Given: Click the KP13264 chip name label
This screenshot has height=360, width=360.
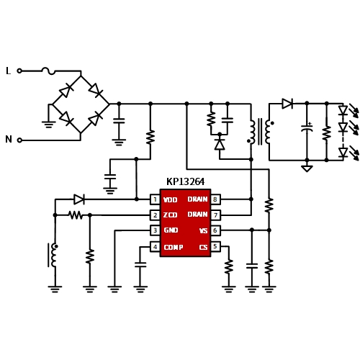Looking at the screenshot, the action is point(185,181).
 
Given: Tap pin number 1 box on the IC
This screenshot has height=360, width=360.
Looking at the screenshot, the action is point(155,199).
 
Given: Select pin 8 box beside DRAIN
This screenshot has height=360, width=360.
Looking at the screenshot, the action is point(215,199).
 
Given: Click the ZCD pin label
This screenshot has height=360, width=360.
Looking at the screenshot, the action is point(170,215).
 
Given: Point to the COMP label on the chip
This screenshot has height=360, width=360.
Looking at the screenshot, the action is point(174,247).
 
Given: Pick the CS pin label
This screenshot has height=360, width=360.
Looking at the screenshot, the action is point(203,247).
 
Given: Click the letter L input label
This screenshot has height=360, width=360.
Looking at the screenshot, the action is point(9,71).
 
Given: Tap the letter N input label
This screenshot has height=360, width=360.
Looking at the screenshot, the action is point(9,139).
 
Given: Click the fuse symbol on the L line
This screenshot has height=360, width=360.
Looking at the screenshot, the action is point(48,71).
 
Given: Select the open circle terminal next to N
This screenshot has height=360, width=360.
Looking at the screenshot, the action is point(19,140).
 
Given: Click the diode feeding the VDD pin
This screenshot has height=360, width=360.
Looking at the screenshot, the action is point(79,199).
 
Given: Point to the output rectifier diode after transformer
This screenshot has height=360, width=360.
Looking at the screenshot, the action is point(287,104).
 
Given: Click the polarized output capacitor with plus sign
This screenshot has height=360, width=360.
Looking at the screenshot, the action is point(307,128).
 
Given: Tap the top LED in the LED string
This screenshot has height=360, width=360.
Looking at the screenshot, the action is point(343,111).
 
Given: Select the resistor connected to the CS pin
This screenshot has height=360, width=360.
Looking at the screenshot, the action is point(229,266).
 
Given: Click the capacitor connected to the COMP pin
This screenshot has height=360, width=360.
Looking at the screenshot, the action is point(140,265).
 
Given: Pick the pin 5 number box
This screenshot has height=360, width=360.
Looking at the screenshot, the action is point(215,246).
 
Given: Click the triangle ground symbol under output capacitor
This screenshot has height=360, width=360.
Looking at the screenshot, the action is point(307,168).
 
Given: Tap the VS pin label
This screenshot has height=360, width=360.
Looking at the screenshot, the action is point(203,230).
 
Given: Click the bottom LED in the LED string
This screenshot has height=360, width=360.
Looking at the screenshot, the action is point(343,153).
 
